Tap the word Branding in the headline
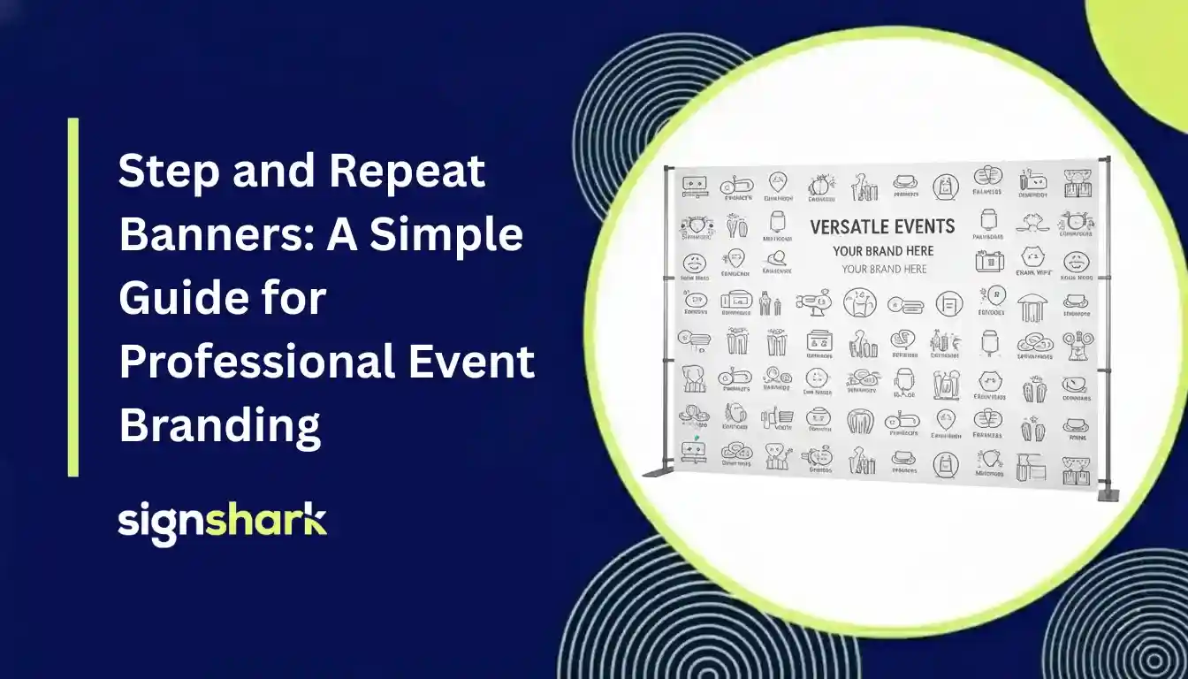pyautogui.click(x=219, y=426)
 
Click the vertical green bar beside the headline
pyautogui.click(x=73, y=297)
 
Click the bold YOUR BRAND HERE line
pyautogui.click(x=883, y=251)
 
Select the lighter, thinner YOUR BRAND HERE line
pyautogui.click(x=884, y=269)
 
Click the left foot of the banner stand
pyautogui.click(x=659, y=472)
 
